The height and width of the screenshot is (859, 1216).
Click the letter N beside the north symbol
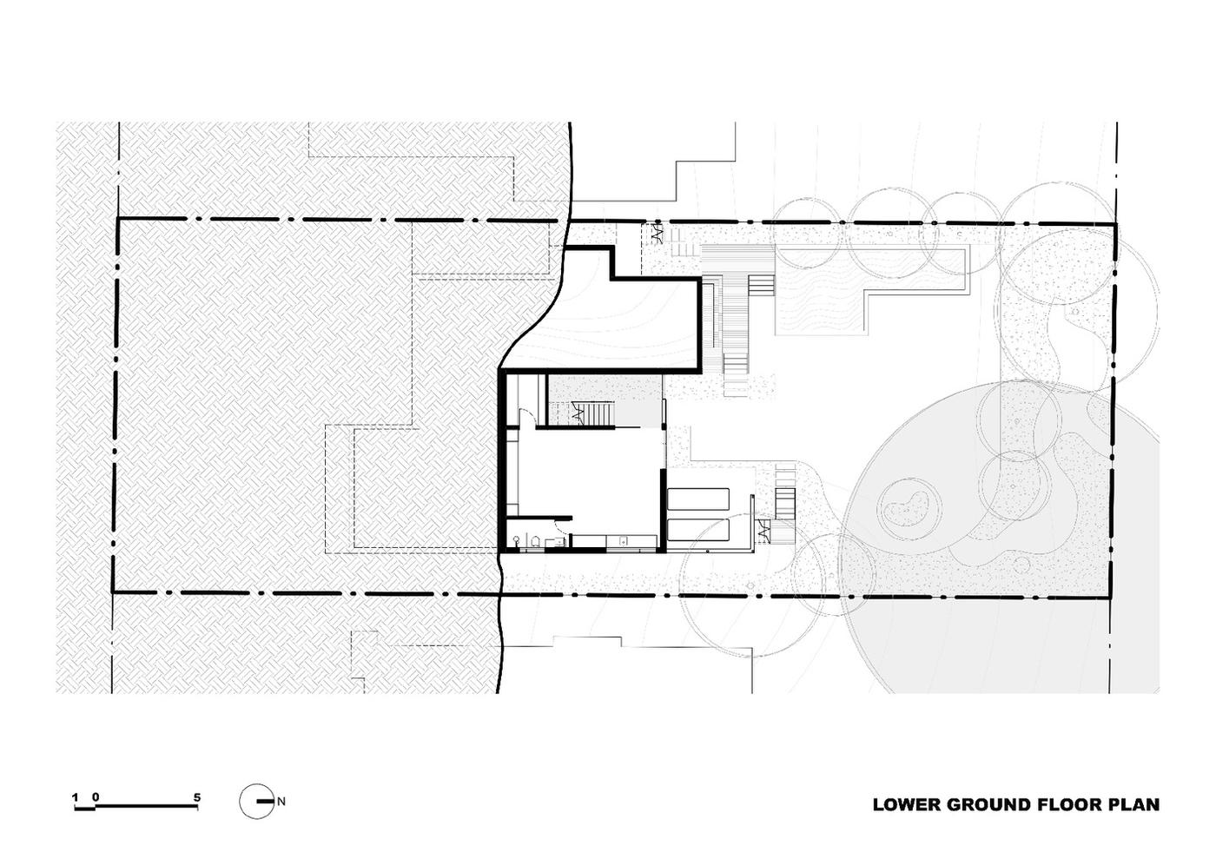(x=281, y=802)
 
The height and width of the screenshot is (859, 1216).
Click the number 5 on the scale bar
(x=197, y=797)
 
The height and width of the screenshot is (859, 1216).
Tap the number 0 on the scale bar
(x=96, y=797)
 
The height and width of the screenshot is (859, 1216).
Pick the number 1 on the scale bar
(x=76, y=797)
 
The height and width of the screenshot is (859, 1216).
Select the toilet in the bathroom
(x=535, y=541)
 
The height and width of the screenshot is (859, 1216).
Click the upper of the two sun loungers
(x=698, y=499)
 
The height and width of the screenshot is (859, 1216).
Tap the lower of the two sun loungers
(x=698, y=530)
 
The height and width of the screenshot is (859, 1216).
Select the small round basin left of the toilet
(x=516, y=539)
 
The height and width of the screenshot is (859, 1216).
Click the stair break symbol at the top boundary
(x=657, y=234)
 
